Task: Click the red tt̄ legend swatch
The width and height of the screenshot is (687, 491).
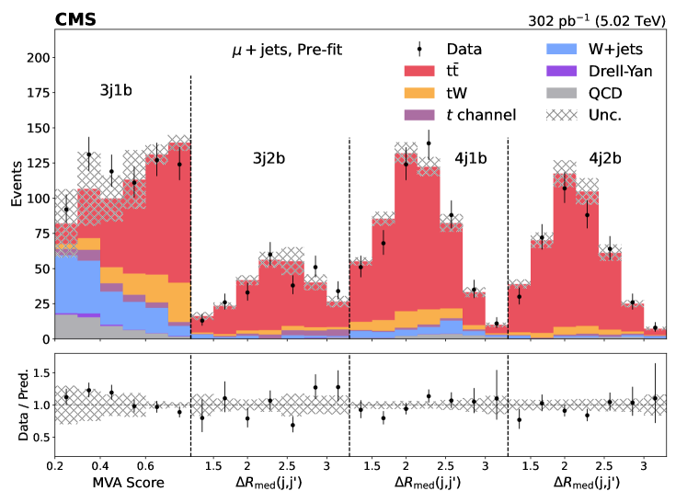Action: [420, 71]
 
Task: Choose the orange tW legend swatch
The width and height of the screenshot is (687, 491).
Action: [420, 93]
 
